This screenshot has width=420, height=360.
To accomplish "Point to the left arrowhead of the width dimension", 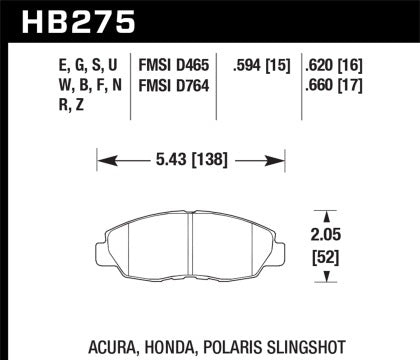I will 99,158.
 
